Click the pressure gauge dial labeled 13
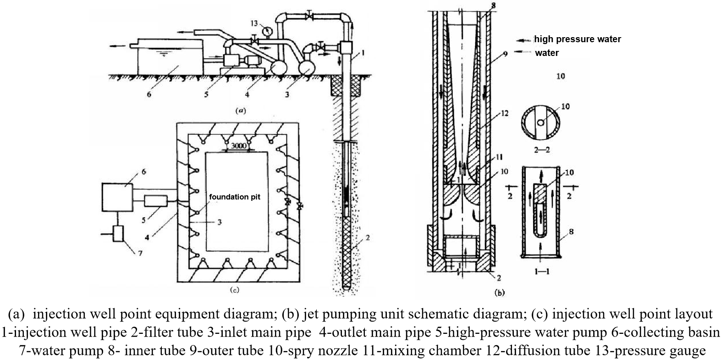point(267,31)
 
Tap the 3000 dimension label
point(238,146)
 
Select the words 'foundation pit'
point(235,197)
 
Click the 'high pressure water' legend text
point(578,39)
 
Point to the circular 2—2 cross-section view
point(541,123)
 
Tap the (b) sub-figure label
point(499,293)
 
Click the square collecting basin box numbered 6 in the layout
point(117,197)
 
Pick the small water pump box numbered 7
point(118,234)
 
